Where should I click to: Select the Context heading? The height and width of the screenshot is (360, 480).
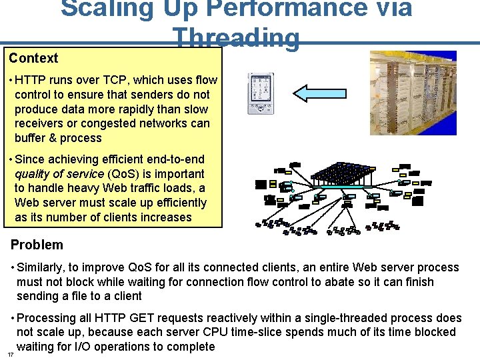[33, 59]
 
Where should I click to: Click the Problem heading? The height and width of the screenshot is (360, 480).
[37, 245]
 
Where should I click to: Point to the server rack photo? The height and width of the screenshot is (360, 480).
[413, 93]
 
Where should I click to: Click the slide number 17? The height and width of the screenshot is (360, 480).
[11, 354]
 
